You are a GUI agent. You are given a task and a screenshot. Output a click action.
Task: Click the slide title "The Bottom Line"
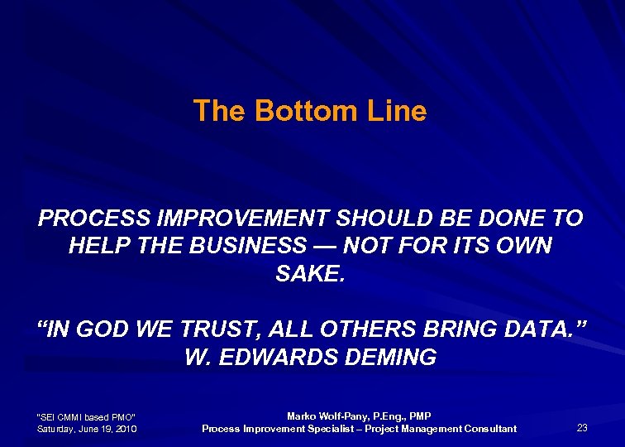[x=310, y=111]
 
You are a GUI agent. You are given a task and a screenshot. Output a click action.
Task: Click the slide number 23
[x=582, y=427]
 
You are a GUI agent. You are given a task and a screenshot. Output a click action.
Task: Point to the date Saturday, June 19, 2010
[x=88, y=429]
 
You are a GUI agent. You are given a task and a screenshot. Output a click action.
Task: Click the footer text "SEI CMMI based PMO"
[x=87, y=416]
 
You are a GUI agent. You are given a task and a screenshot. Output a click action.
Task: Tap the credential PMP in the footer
[x=419, y=416]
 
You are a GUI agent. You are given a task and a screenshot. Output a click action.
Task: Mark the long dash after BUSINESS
[x=324, y=246]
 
